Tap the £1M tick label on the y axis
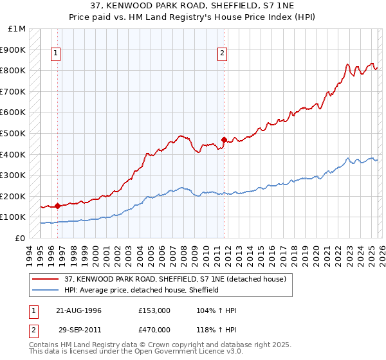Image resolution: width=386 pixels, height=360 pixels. coord(17,29)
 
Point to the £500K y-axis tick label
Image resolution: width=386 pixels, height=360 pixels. coord(14,134)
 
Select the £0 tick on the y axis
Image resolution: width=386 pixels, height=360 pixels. coord(21,238)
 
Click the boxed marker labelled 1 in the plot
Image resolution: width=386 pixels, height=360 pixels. coord(56,53)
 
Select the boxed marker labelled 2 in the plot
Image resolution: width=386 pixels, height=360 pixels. coord(222,53)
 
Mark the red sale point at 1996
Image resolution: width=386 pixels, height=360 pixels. coord(58,206)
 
